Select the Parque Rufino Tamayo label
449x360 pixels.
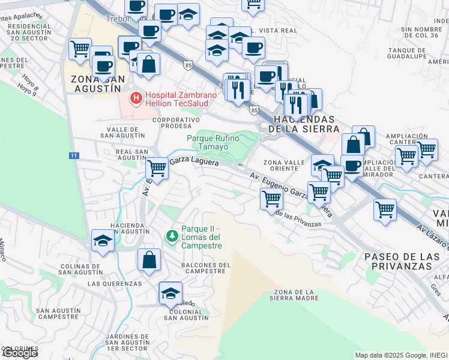(213, 142)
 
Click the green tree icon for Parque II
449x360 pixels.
(172, 235)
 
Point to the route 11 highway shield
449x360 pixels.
(73, 155)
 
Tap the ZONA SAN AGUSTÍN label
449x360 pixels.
(98, 83)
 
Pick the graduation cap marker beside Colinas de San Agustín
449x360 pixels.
(103, 241)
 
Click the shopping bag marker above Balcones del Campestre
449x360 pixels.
(149, 260)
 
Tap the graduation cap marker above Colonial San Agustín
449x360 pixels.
(170, 293)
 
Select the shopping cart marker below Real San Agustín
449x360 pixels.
(157, 169)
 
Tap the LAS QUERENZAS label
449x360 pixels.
(115, 283)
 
